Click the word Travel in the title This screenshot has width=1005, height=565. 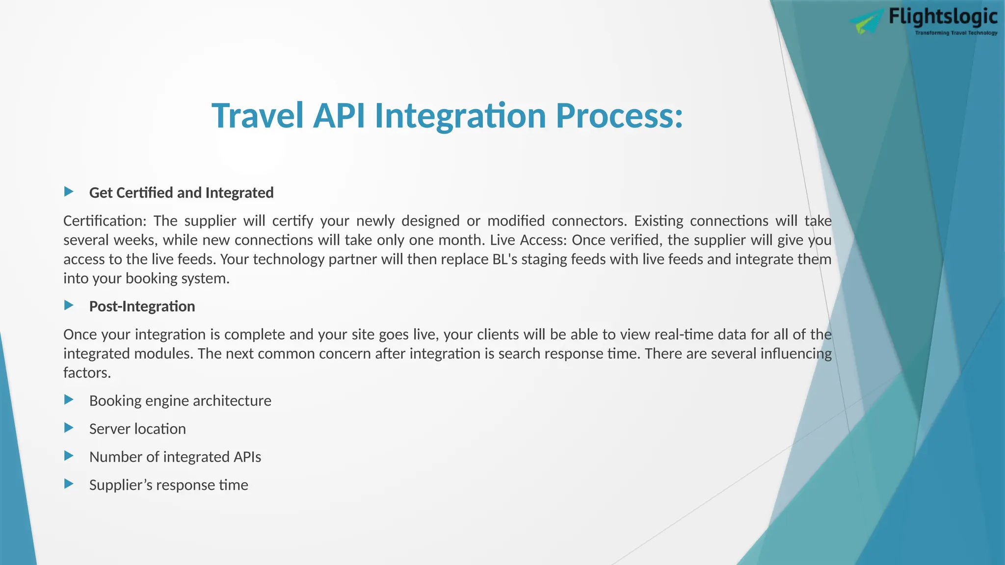click(257, 116)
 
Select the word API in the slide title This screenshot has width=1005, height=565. click(339, 116)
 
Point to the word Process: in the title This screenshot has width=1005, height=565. click(619, 116)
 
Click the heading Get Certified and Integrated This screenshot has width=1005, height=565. click(181, 193)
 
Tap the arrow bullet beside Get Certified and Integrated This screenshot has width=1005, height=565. click(69, 191)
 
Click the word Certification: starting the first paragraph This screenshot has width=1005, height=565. click(105, 221)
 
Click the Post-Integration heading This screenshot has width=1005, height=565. click(142, 307)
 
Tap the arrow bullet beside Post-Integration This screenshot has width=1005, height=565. click(69, 305)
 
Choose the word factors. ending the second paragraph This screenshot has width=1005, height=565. click(87, 373)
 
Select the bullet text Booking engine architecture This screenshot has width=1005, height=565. click(180, 401)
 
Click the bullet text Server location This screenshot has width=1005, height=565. click(137, 429)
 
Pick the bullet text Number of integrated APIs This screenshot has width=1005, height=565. click(175, 457)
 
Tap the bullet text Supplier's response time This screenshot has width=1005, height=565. click(168, 485)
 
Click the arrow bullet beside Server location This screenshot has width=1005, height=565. click(69, 428)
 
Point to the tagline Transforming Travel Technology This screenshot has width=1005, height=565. click(955, 33)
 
